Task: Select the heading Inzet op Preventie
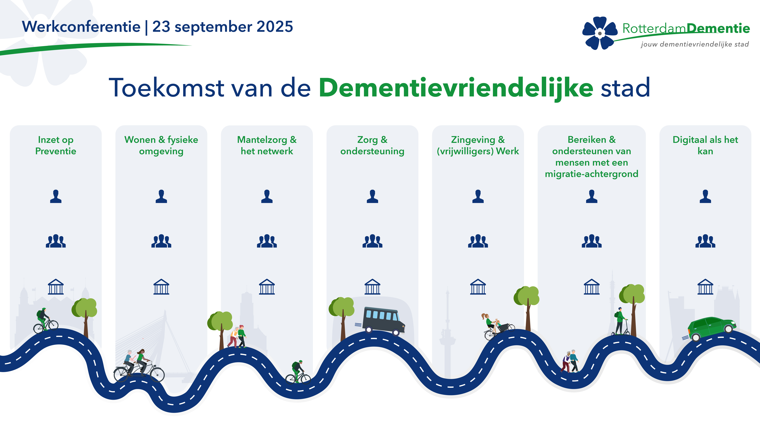click(x=56, y=145)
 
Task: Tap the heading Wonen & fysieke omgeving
click(x=161, y=145)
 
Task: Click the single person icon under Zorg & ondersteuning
click(x=372, y=196)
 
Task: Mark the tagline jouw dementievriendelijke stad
click(x=695, y=44)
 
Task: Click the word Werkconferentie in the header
click(x=81, y=27)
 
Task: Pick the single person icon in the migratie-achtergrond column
click(x=592, y=196)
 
